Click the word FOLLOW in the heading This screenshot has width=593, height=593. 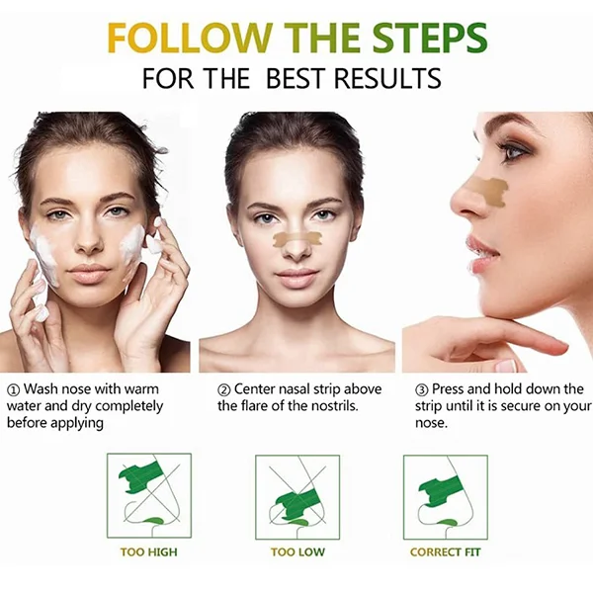[190, 38]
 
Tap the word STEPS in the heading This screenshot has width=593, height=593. [429, 38]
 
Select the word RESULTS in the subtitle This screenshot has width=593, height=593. [387, 78]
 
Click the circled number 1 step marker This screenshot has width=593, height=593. [14, 389]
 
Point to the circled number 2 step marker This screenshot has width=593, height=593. [224, 389]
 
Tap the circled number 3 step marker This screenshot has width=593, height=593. [422, 389]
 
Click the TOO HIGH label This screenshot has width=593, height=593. [148, 552]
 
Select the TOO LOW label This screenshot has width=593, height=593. [297, 552]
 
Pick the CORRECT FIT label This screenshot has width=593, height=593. [445, 552]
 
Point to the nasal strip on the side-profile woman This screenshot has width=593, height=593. [488, 192]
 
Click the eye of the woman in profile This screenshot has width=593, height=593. [512, 152]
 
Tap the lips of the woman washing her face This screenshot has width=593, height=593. [89, 273]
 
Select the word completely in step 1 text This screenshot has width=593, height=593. [127, 407]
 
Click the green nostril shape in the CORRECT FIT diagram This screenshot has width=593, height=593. [443, 523]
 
